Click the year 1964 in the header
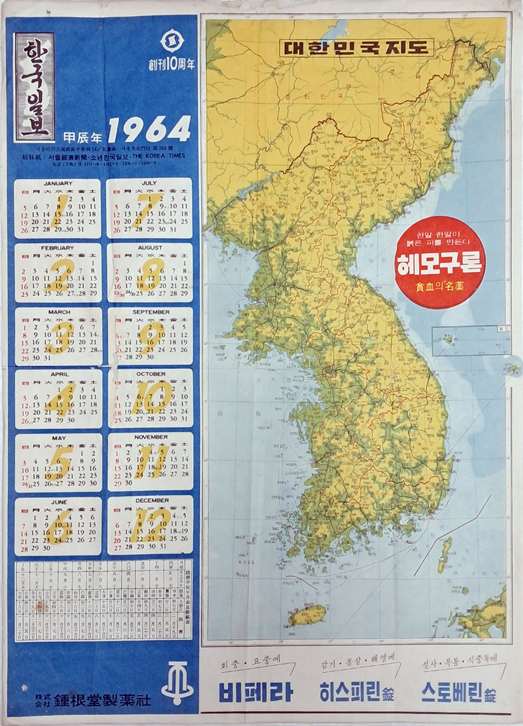pyautogui.click(x=150, y=130)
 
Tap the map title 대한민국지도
pyautogui.click(x=356, y=47)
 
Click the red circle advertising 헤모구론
pyautogui.click(x=440, y=262)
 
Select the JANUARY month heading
pyautogui.click(x=58, y=183)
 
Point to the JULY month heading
pyautogui.click(x=150, y=183)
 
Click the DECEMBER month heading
pyautogui.click(x=152, y=500)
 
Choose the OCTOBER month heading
pyautogui.click(x=151, y=374)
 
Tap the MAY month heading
pyautogui.click(x=59, y=438)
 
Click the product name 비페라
pyautogui.click(x=256, y=692)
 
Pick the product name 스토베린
pyautogui.click(x=451, y=692)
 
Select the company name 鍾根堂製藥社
pyautogui.click(x=102, y=700)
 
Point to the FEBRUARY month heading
pyautogui.click(x=58, y=248)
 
